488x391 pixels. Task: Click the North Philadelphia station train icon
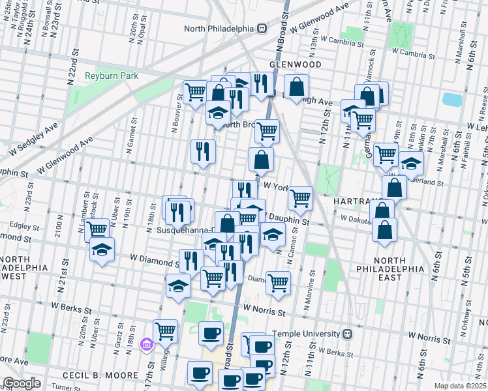pos(262,28)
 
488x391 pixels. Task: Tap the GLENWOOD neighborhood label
pos(295,65)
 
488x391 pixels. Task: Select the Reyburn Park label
pos(112,76)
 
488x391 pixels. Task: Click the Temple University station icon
pos(348,333)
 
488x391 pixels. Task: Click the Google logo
pos(22,383)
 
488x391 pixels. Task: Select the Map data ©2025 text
pos(460,386)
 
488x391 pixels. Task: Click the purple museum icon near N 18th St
pos(146,345)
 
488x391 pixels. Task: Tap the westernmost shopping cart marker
pos(97,229)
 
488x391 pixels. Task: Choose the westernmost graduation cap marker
pos(102,250)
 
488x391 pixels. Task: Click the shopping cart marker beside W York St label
pos(300,197)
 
